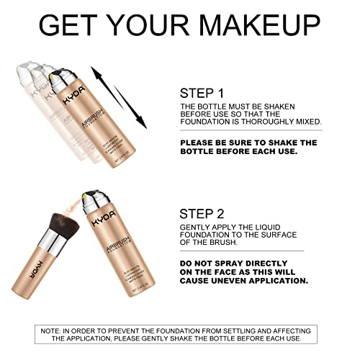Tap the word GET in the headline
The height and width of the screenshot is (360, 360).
tap(71, 25)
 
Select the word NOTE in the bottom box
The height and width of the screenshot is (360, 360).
tap(51, 330)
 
